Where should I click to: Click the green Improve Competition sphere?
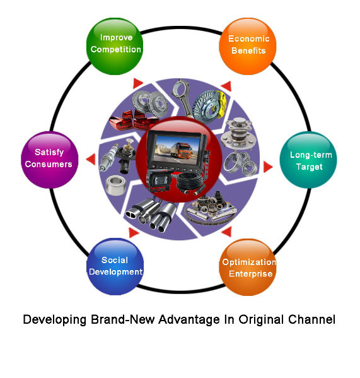coord(115,46)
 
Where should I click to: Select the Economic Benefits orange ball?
coord(248,46)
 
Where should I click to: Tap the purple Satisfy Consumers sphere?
coord(50,160)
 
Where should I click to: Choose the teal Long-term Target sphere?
coord(308,160)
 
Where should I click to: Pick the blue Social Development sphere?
coord(115,267)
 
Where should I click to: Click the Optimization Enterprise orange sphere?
coord(248,267)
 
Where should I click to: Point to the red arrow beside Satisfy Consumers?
coord(91,160)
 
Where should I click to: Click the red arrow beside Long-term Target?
coord(268,167)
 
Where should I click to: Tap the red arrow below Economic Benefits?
coord(226,86)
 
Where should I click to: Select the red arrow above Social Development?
coord(134,232)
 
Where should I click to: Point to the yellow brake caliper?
coord(220,104)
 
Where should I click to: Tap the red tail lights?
coord(132,120)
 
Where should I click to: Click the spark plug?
coord(109,157)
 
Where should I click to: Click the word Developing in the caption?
coord(55,320)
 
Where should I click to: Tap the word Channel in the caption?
coord(311,319)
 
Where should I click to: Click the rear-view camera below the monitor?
coord(158,180)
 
